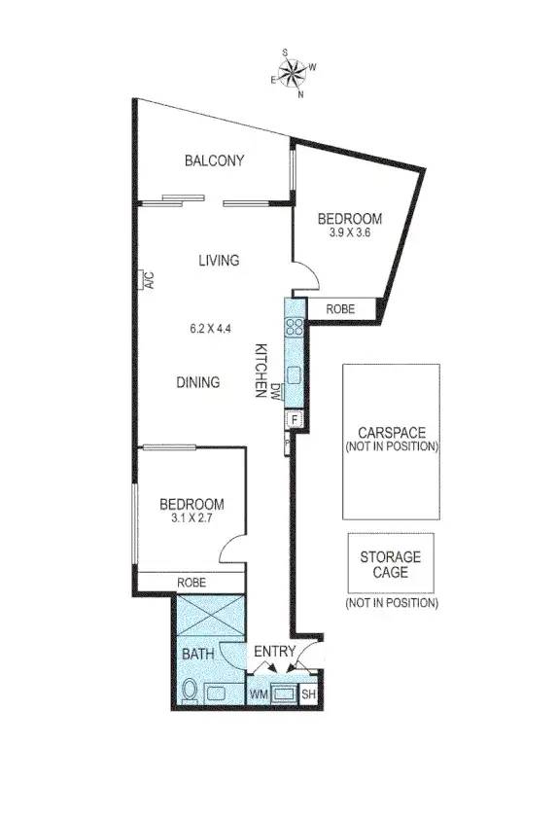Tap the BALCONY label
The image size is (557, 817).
pos(214,161)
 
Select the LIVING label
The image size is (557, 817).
pos(219,261)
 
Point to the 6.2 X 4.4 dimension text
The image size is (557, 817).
pos(211,328)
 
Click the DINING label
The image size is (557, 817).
pos(197,382)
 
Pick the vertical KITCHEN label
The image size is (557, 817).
pos(261,370)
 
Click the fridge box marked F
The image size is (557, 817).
pos(294,419)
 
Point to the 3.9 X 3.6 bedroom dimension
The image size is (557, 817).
pos(351,233)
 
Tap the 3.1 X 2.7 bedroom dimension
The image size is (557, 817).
pos(191,518)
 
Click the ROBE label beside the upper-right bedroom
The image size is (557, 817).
pos(340,309)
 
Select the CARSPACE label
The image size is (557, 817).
pos(392,433)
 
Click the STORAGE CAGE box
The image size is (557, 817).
pos(391,565)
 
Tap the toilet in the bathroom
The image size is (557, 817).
pos(191,693)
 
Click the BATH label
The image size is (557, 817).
pos(197,654)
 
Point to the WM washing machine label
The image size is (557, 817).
pos(259,694)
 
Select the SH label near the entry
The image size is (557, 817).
pos(309,694)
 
